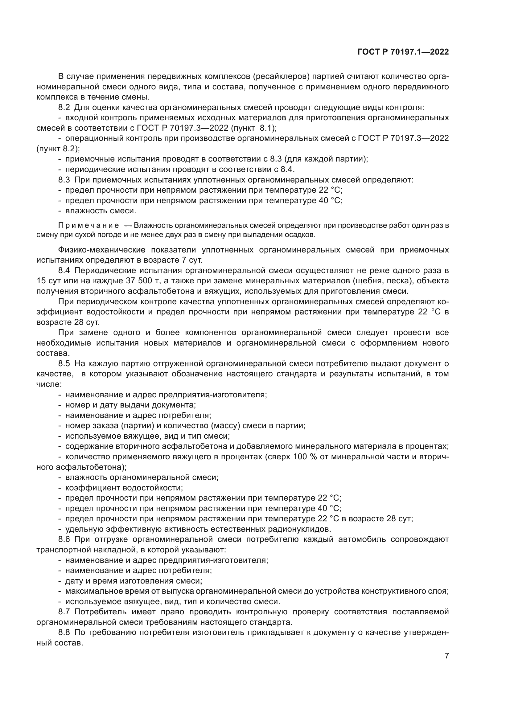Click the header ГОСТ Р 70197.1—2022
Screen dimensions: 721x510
tap(403, 52)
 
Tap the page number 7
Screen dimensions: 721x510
tap(447, 656)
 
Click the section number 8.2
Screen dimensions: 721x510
tap(64, 107)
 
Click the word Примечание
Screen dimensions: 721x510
tap(88, 225)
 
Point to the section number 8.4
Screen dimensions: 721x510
tap(64, 270)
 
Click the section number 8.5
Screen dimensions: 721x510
tap(64, 364)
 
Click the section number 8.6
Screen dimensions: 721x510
tap(64, 539)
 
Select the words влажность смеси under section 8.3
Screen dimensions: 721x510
tap(101, 211)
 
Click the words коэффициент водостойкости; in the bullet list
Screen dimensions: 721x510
tap(124, 488)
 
